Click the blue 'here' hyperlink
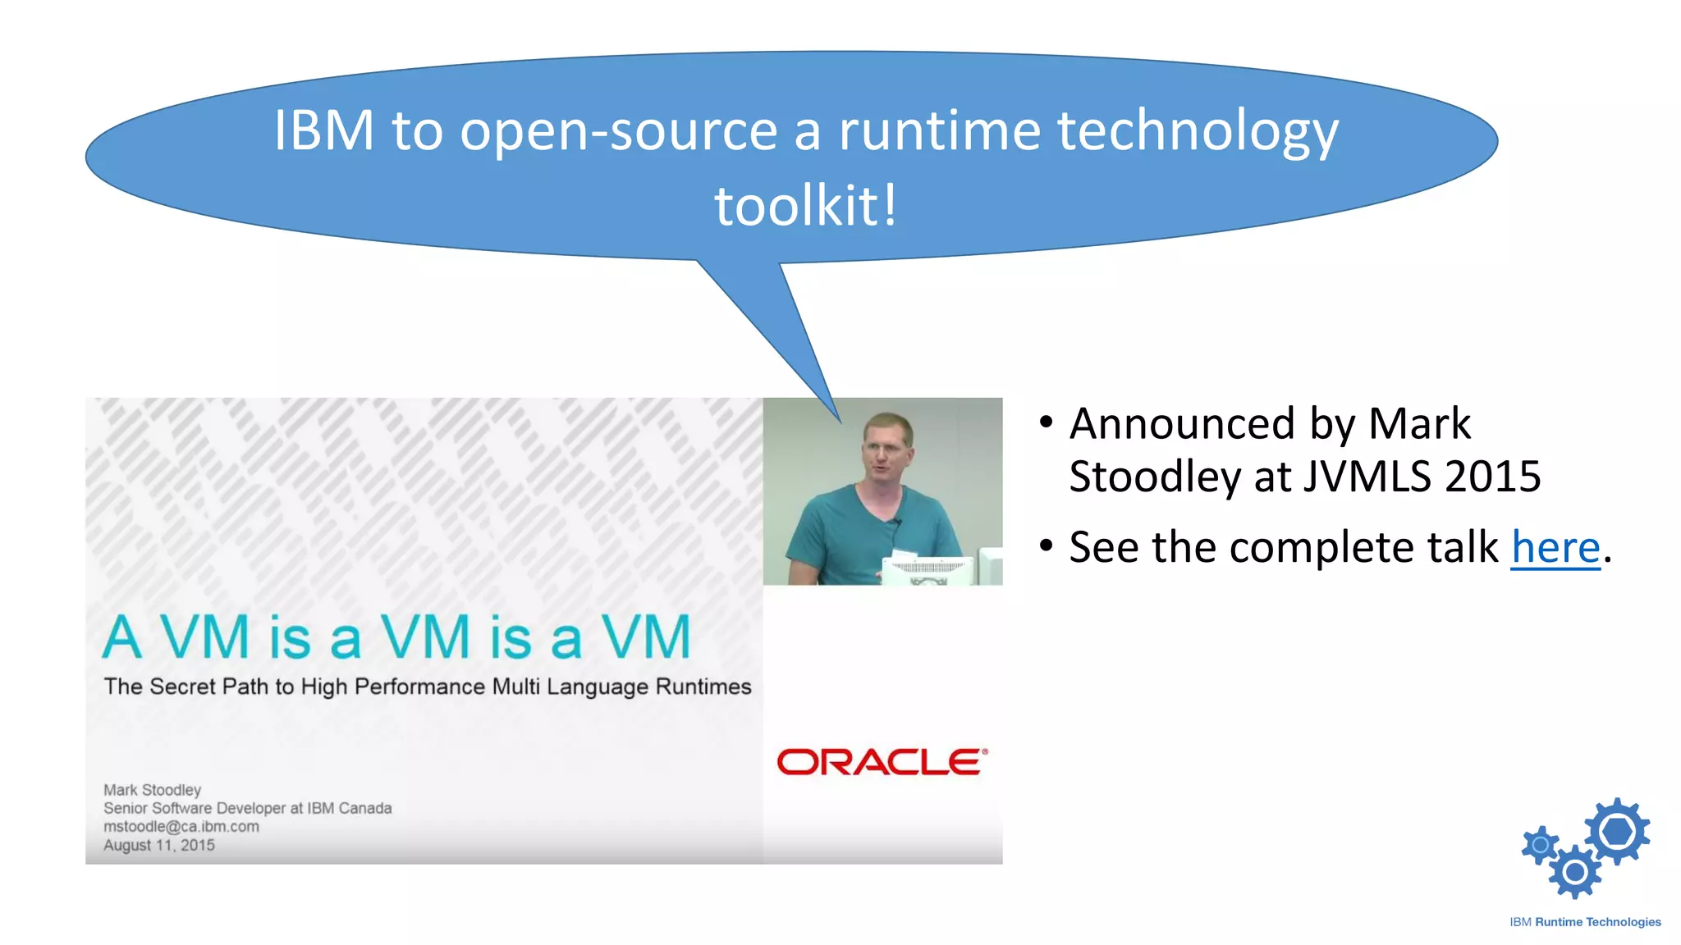click(1555, 548)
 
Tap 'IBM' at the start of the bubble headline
click(323, 130)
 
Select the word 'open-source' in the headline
click(618, 131)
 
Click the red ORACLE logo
click(882, 762)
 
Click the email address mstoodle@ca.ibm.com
click(181, 827)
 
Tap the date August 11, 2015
click(158, 845)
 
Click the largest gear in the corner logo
click(1617, 831)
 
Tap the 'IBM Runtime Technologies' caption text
click(1584, 922)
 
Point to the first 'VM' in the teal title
click(204, 637)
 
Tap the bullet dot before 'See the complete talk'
click(1046, 546)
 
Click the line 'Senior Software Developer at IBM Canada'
click(247, 808)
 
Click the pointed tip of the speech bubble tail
click(840, 421)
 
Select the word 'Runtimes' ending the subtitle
click(703, 687)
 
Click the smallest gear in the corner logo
click(1541, 845)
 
